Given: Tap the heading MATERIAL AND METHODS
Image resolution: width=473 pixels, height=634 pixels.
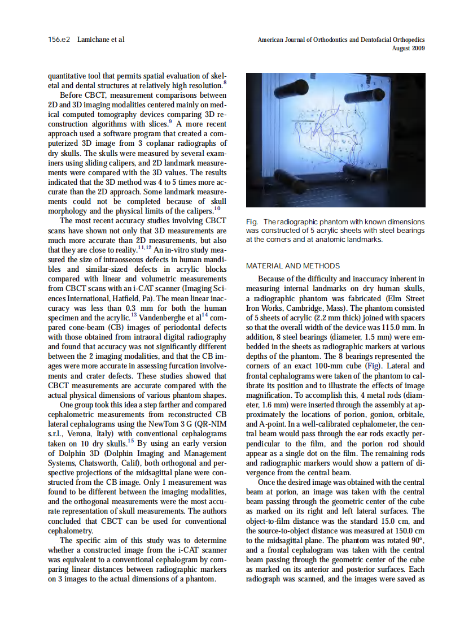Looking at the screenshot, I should coord(293,266).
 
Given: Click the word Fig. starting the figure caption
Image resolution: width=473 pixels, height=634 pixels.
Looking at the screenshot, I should coord(252,222).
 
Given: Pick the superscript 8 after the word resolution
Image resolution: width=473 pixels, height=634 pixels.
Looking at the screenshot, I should coord(225,82).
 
